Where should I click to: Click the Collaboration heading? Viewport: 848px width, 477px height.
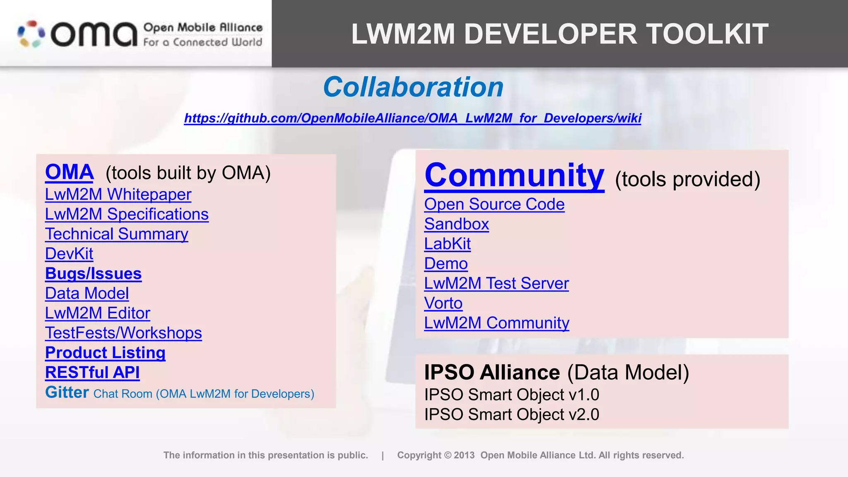pos(413,87)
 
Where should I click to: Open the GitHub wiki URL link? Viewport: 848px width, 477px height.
pos(412,118)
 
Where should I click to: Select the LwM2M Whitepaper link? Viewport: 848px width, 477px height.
pos(118,195)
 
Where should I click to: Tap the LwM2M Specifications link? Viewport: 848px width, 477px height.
pos(127,214)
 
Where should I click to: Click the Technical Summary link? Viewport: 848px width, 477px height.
pos(116,234)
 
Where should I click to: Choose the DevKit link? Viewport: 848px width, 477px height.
pos(69,254)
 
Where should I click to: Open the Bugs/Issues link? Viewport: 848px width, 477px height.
pos(93,274)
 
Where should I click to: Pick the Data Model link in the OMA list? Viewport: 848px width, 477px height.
pos(87,294)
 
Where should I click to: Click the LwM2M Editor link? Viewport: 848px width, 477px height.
pos(97,313)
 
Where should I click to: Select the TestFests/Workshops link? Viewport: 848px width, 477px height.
pos(123,333)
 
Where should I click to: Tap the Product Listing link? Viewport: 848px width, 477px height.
pos(105,353)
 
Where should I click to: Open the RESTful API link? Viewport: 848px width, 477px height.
pos(92,373)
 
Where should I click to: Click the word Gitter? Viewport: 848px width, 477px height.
pos(67,393)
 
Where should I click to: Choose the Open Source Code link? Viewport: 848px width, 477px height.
pos(494,205)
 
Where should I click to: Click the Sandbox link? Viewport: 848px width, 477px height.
pos(456,224)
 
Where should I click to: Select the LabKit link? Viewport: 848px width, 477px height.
pos(447,244)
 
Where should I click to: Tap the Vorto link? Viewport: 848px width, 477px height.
pos(443,304)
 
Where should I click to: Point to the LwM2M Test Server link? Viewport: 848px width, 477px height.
pos(496,284)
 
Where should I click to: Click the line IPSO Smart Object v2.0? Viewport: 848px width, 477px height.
pos(511,414)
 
